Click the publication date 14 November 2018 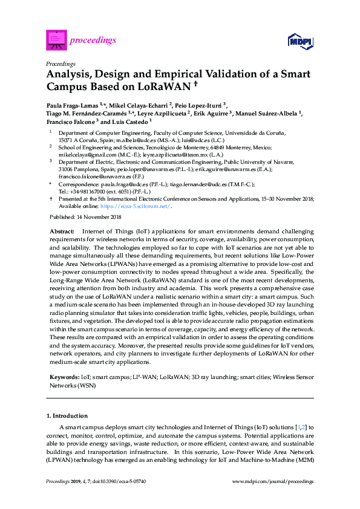pos(97,216)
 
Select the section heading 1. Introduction pos(67,416)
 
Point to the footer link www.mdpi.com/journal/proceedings pos(273,481)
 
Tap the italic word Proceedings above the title pos(61,63)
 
